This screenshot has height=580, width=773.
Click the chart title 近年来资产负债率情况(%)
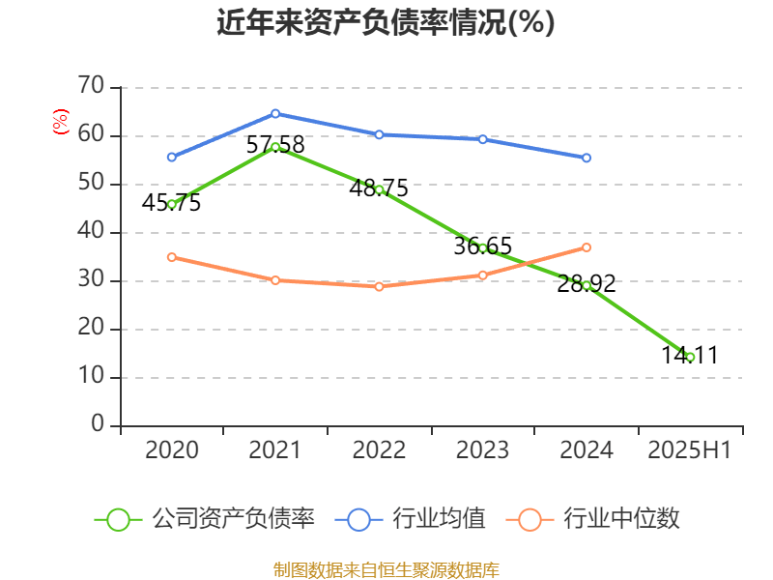point(386,21)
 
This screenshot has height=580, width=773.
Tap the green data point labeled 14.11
point(690,358)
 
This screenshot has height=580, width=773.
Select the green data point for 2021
point(275,147)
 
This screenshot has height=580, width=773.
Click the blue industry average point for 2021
point(275,113)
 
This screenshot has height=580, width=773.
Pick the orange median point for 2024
point(587,247)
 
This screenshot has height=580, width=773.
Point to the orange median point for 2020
point(171,257)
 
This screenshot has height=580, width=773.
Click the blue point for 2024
point(587,158)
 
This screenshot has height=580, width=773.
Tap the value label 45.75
point(171,203)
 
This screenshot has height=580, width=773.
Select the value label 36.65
point(482,246)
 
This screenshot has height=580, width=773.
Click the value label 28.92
point(587,284)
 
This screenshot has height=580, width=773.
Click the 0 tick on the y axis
point(98,425)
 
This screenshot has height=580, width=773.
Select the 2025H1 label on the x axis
point(690,450)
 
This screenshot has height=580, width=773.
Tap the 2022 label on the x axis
point(379,450)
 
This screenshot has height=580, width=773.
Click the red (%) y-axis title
point(60,122)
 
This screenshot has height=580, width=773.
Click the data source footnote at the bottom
point(386,569)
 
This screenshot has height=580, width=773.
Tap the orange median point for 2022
point(379,286)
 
